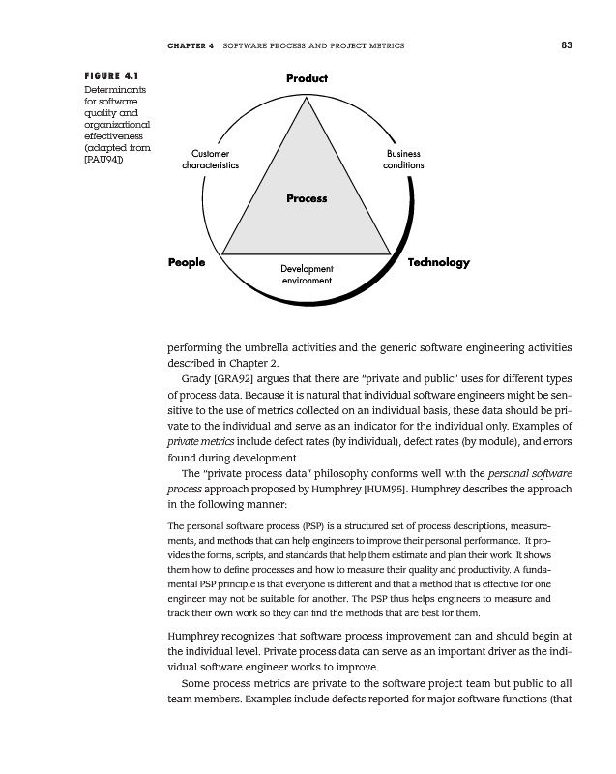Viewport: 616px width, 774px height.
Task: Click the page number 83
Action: point(566,45)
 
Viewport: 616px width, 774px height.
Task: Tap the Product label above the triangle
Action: point(307,78)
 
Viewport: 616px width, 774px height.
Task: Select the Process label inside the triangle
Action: point(307,199)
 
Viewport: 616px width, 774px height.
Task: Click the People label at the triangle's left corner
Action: point(187,262)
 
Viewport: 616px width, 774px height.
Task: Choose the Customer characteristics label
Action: point(211,160)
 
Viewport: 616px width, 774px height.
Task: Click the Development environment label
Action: point(307,274)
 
